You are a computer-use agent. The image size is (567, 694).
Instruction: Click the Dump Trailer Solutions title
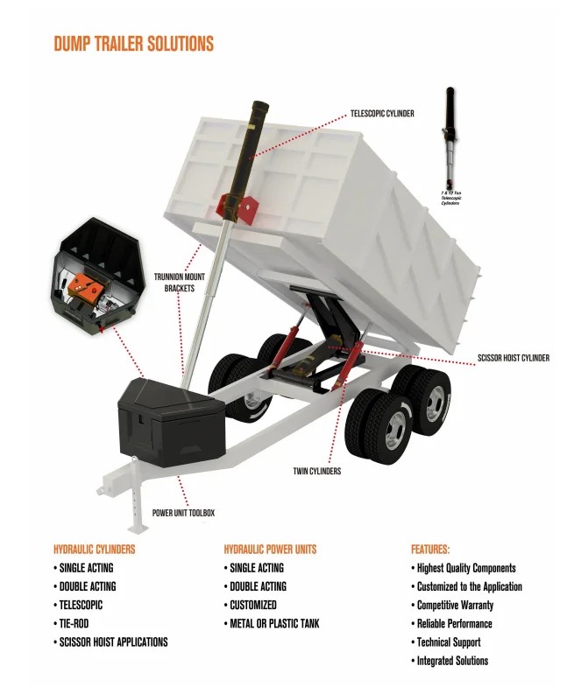tap(133, 44)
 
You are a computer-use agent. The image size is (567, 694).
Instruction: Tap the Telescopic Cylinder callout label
tap(382, 114)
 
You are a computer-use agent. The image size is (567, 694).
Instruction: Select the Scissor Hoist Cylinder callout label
tap(514, 358)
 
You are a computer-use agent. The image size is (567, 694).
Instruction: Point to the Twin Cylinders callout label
tap(316, 471)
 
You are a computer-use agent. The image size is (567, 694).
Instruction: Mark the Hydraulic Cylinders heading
tap(95, 550)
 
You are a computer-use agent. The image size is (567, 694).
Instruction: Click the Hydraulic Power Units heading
tap(270, 550)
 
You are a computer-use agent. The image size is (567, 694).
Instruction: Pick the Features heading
tap(430, 550)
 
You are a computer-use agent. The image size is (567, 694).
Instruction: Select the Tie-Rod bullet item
tap(73, 623)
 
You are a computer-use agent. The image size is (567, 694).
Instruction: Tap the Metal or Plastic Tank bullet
tap(274, 623)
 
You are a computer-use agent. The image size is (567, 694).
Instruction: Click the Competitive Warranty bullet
tap(454, 605)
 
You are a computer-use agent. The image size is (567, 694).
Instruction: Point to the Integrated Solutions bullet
tap(452, 661)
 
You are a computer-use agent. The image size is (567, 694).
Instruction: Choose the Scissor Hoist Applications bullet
tap(113, 641)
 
